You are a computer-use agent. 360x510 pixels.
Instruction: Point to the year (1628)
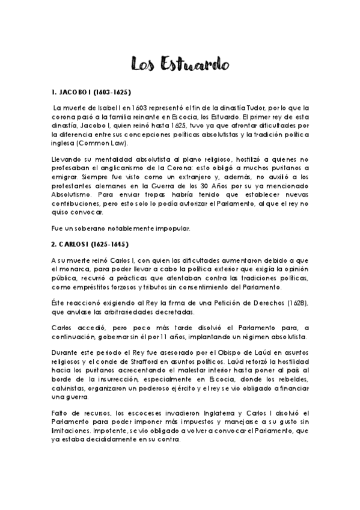click(x=295, y=300)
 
